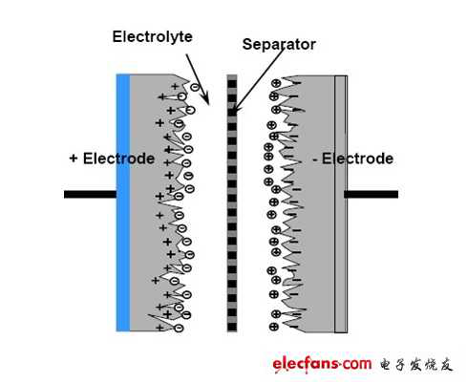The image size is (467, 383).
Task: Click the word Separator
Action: (x=278, y=44)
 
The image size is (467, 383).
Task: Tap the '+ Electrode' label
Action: (x=112, y=159)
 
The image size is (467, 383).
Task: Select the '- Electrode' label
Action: (x=352, y=159)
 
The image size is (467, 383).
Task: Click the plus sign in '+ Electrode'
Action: (x=74, y=159)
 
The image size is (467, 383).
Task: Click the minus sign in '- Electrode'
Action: (x=315, y=159)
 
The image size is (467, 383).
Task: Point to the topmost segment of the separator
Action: (x=231, y=78)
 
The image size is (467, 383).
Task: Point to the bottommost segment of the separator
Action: (x=231, y=327)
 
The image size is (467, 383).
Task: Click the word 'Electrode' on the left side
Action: (x=118, y=159)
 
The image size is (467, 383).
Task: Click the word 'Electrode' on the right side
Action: (x=357, y=159)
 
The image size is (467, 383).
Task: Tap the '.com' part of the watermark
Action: (x=354, y=364)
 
